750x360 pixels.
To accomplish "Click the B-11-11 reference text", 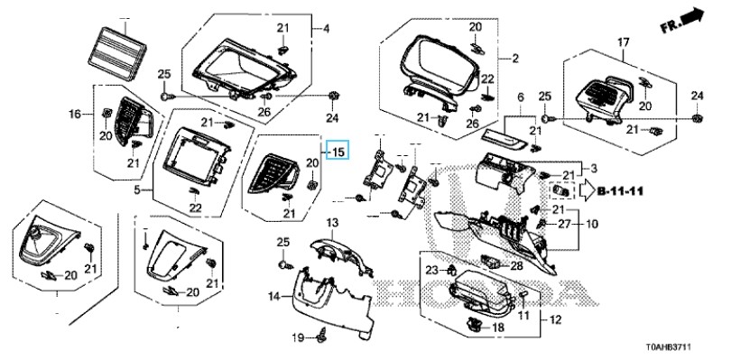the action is (x=620, y=191).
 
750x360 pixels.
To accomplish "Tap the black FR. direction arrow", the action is (x=691, y=17).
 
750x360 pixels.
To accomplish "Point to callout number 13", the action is (x=332, y=223).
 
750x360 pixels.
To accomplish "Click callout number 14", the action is (x=273, y=297).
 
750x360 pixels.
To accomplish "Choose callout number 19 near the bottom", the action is (x=298, y=338).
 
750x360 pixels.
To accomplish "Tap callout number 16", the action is (x=75, y=114).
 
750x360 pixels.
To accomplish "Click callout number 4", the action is (x=326, y=29).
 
